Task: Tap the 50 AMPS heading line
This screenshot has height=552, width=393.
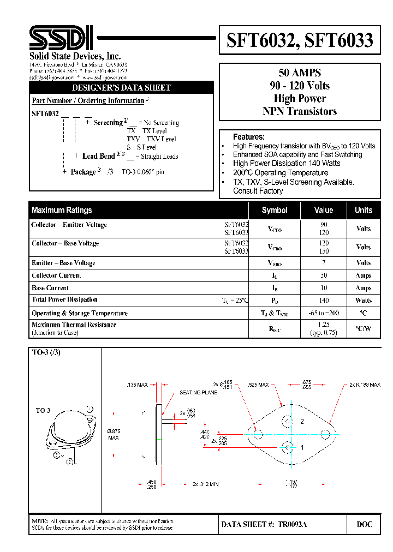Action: pyautogui.click(x=300, y=73)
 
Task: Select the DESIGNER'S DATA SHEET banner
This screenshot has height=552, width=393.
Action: pyautogui.click(x=122, y=88)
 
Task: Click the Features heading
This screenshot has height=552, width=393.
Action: pyautogui.click(x=248, y=137)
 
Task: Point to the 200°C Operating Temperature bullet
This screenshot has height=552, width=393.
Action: pyautogui.click(x=281, y=172)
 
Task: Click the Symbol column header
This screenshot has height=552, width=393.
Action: pyautogui.click(x=275, y=210)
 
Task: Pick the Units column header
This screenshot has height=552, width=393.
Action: pyautogui.click(x=364, y=210)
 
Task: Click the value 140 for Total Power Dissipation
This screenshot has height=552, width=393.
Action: pyautogui.click(x=324, y=301)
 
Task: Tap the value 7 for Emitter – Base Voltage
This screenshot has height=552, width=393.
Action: pyautogui.click(x=324, y=263)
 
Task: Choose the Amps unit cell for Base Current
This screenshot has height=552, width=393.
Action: pyautogui.click(x=364, y=288)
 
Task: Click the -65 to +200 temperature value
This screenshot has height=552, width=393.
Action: pyautogui.click(x=324, y=313)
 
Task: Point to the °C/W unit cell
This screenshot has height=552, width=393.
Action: pyautogui.click(x=364, y=328)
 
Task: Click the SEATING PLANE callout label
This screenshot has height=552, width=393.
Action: pyautogui.click(x=199, y=393)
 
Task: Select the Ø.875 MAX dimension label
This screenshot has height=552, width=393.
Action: pyautogui.click(x=114, y=434)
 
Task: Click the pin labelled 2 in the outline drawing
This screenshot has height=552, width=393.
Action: pyautogui.click(x=301, y=422)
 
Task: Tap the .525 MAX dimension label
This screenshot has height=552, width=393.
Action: pyautogui.click(x=258, y=385)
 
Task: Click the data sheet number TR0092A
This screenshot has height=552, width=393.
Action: pyautogui.click(x=293, y=524)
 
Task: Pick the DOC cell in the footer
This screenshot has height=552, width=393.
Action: pyautogui.click(x=365, y=524)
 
